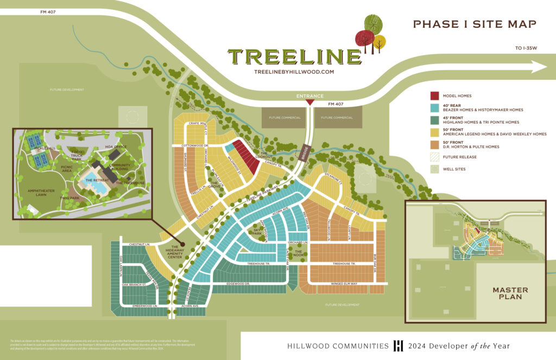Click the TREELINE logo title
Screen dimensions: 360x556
coord(294,56)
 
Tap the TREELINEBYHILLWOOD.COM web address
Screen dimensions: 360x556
coord(294,72)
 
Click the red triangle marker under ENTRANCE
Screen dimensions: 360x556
coord(309,102)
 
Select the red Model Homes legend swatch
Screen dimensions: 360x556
coord(434,96)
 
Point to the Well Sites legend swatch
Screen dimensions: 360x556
coord(434,169)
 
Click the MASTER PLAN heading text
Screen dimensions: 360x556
coord(510,293)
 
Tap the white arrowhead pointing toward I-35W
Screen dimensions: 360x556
coord(539,67)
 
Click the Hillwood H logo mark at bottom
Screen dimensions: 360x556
coord(398,346)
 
